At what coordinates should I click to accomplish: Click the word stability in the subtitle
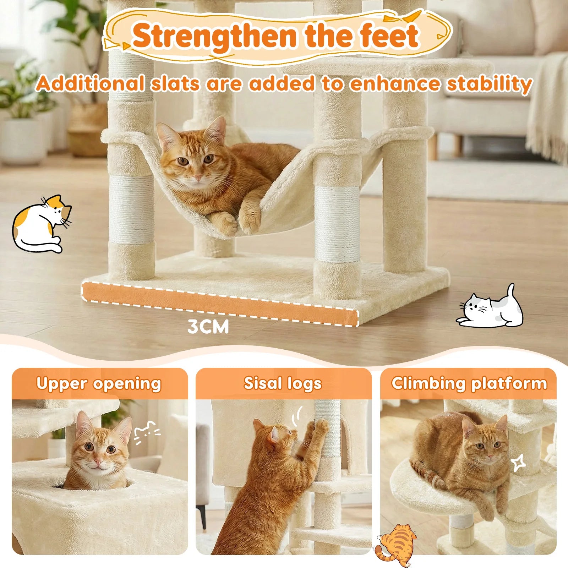click(490, 84)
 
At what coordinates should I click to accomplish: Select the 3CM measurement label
click(208, 327)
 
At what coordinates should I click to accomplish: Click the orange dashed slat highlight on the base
click(220, 304)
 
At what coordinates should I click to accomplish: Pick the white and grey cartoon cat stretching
click(490, 308)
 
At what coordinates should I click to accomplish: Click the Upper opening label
click(99, 384)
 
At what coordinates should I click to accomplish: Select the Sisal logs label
click(283, 383)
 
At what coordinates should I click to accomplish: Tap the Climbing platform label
click(469, 384)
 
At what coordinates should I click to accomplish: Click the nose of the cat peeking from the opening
click(98, 462)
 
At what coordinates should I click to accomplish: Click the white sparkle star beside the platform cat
click(518, 463)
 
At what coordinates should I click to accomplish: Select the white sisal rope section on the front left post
click(131, 209)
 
